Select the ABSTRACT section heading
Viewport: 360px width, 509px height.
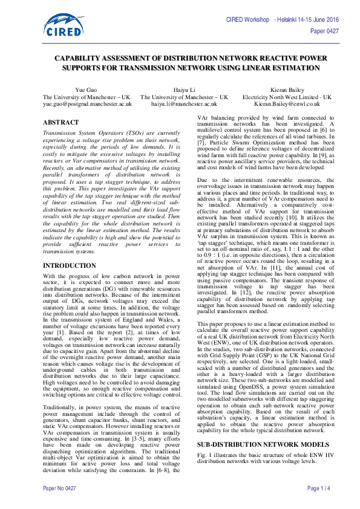pos(61,122)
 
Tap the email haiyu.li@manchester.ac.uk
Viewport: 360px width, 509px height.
pos(184,104)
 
